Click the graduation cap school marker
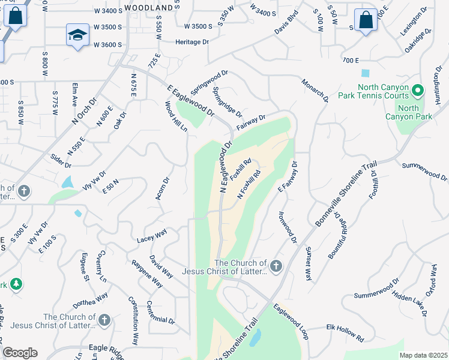(78, 35)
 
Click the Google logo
(20, 353)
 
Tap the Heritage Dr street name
(191, 42)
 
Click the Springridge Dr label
(228, 102)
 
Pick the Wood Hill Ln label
(176, 116)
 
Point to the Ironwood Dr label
(288, 227)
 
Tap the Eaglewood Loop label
(290, 322)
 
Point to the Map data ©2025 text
(423, 355)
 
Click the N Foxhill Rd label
(250, 186)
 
